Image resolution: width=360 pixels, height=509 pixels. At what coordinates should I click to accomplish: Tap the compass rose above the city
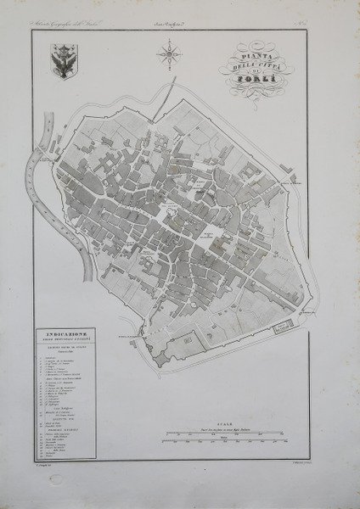pyautogui.click(x=169, y=58)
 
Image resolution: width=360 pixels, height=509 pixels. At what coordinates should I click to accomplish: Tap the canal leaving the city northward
pyautogui.click(x=172, y=88)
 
